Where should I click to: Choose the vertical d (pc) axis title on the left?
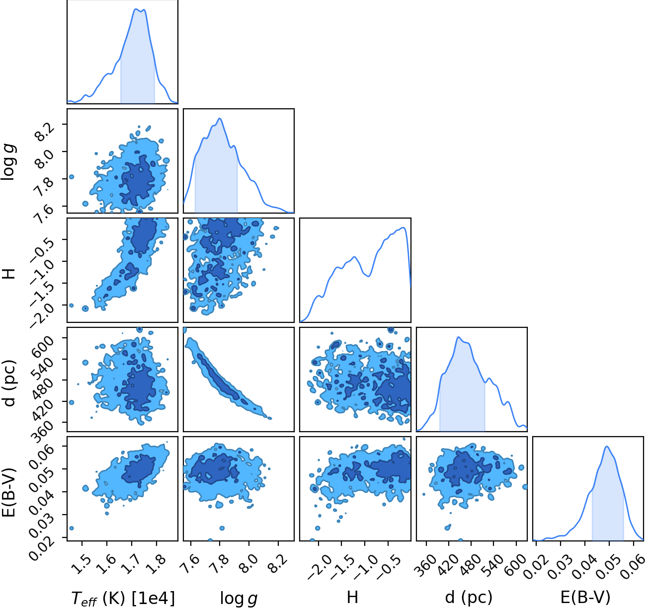click(10, 383)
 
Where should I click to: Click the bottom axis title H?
click(352, 597)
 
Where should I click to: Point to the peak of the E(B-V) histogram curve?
click(607, 446)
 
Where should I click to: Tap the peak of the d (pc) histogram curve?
click(458, 337)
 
